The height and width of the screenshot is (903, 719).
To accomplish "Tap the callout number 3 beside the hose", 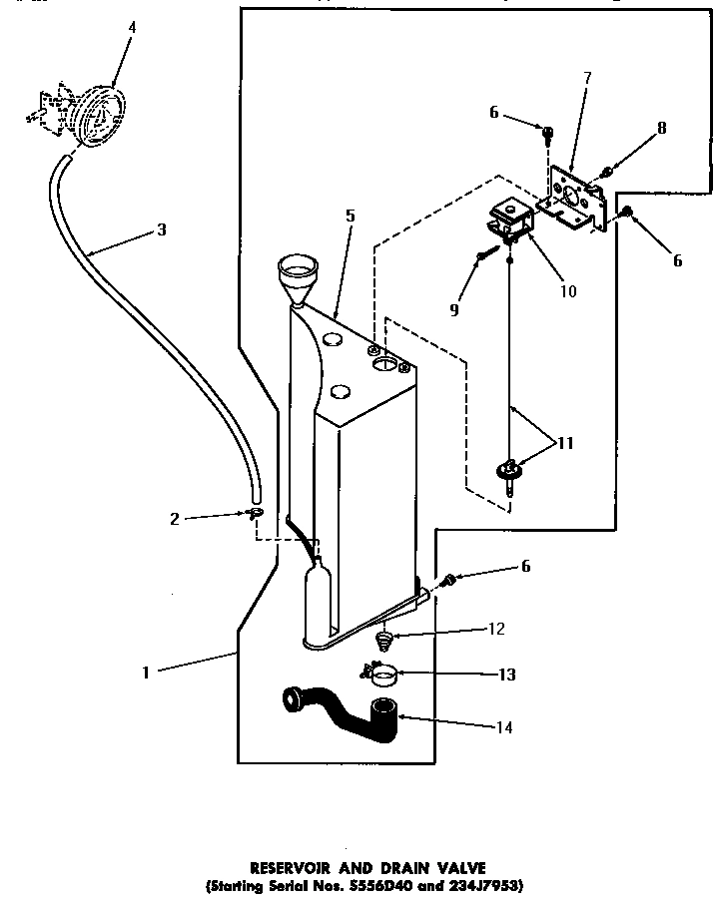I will [x=162, y=228].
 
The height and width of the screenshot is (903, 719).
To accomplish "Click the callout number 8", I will [x=660, y=128].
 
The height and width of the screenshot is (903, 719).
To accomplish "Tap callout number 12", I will [x=496, y=630].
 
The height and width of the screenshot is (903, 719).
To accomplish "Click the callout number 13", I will [x=508, y=675].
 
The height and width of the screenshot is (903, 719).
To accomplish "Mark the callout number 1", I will [x=146, y=673].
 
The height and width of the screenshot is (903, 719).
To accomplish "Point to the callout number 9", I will [x=455, y=310].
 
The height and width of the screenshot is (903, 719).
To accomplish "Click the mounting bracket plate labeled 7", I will [x=573, y=201].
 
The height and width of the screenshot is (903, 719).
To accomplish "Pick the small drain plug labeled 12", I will [x=382, y=638].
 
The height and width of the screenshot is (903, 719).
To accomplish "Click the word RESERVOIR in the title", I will [x=286, y=869].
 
